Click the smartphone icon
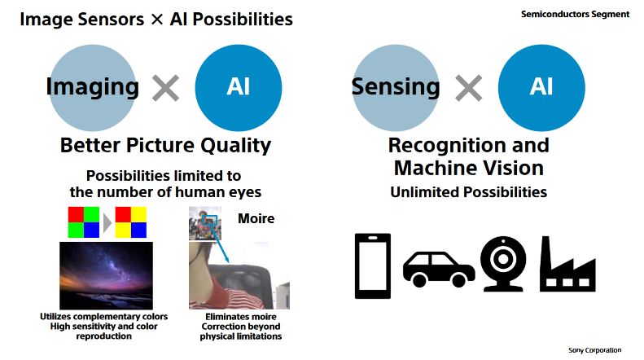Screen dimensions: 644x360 [x=373, y=266]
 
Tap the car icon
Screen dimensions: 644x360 [x=439, y=269]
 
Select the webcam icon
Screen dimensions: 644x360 [x=503, y=263]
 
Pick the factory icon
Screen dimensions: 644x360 [x=567, y=264]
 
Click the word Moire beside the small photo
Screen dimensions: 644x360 [x=256, y=218]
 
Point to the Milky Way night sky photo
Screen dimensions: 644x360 [x=106, y=275]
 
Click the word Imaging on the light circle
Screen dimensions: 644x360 [x=93, y=87]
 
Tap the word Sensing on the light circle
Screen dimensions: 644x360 [x=396, y=86]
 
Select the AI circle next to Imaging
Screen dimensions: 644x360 [x=239, y=87]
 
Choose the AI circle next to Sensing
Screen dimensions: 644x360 [x=541, y=87]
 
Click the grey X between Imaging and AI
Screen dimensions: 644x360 [x=165, y=88]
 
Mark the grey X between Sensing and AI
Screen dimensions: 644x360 [x=469, y=88]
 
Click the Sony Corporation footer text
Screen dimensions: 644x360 [x=594, y=350]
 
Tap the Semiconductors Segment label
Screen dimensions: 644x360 [x=575, y=14]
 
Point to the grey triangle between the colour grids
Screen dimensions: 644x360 [x=107, y=223]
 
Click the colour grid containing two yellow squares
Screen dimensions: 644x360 [x=131, y=222]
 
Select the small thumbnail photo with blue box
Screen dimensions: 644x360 [x=205, y=223]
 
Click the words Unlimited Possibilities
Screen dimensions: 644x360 [x=469, y=192]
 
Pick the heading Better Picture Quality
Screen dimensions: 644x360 [x=165, y=146]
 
